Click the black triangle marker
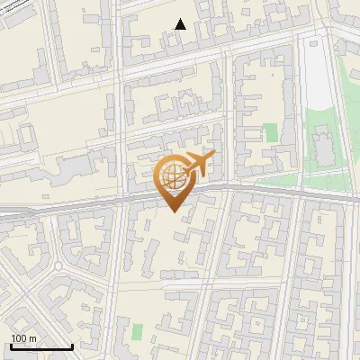pyautogui.click(x=181, y=24)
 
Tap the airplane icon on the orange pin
pyautogui.click(x=198, y=165)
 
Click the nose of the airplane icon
pyautogui.click(x=213, y=157)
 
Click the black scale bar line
pyautogui.click(x=41, y=346)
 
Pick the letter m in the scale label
pyautogui.click(x=31, y=338)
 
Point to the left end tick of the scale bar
pyautogui.click(x=11, y=346)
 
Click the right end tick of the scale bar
pyautogui.click(x=72, y=346)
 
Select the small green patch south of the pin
pyautogui.click(x=137, y=331)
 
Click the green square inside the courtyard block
pyautogui.click(x=270, y=133)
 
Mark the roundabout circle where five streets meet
pyautogui.click(x=59, y=266)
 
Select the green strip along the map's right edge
pyautogui.click(x=355, y=153)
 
